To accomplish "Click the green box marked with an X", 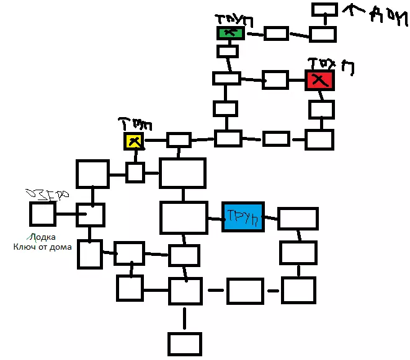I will (x=230, y=33).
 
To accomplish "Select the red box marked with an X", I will (x=320, y=80).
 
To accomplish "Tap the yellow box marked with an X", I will (x=134, y=141).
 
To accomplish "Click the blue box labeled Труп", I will (x=243, y=217).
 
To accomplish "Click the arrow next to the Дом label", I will (x=358, y=9).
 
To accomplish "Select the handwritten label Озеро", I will (x=45, y=194).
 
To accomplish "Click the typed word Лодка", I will (x=42, y=236).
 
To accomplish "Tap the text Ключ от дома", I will (x=42, y=247).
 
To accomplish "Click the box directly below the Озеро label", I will (x=42, y=214).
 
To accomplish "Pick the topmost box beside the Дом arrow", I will (x=324, y=9).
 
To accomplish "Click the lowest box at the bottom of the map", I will (x=185, y=344).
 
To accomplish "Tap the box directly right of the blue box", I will (x=298, y=219).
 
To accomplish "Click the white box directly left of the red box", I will (x=275, y=79).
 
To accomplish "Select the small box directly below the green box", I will (x=228, y=51).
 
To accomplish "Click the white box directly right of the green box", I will (x=276, y=33).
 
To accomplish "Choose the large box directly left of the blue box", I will (x=184, y=217).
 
